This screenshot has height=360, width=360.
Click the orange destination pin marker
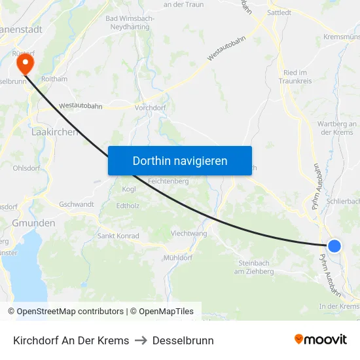[x=25, y=63]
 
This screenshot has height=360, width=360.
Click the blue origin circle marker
[x=334, y=246]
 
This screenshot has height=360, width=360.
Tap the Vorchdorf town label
[x=152, y=107]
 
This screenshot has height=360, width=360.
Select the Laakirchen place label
[x=55, y=132]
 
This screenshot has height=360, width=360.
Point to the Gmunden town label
[x=33, y=223]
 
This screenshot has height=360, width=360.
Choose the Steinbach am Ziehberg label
[x=254, y=267]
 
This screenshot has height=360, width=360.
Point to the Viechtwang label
[x=189, y=234]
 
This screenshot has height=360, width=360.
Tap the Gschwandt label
[x=77, y=204]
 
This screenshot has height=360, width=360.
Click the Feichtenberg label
[x=168, y=181]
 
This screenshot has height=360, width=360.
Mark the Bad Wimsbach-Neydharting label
[x=130, y=23]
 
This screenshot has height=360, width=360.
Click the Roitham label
[x=54, y=79]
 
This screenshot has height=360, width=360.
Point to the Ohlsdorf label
[x=27, y=168]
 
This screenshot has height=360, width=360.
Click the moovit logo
[x=320, y=339]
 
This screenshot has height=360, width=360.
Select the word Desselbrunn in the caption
[x=183, y=340]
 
